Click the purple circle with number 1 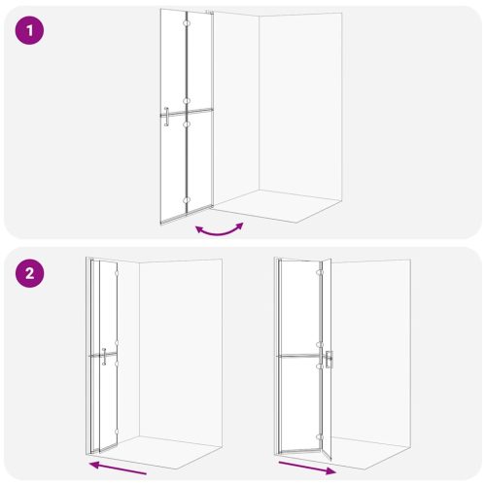[x=29, y=30]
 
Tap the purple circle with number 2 [x=29, y=273]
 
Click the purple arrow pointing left [x=118, y=469]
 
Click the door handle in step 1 [x=166, y=117]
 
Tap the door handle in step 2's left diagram [x=104, y=357]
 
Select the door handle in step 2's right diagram [x=330, y=360]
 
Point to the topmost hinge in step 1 [x=187, y=23]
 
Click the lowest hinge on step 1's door [x=187, y=200]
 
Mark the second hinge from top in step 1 [x=187, y=101]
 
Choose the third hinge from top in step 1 [x=187, y=123]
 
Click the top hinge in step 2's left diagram [x=117, y=274]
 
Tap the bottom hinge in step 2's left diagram [x=117, y=432]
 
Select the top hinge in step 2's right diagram [x=319, y=272]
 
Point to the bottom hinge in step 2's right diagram [x=320, y=437]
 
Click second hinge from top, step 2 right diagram [x=319, y=344]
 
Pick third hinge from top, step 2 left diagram [x=117, y=364]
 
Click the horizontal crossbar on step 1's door [x=187, y=113]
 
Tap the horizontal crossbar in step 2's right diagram [x=298, y=356]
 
